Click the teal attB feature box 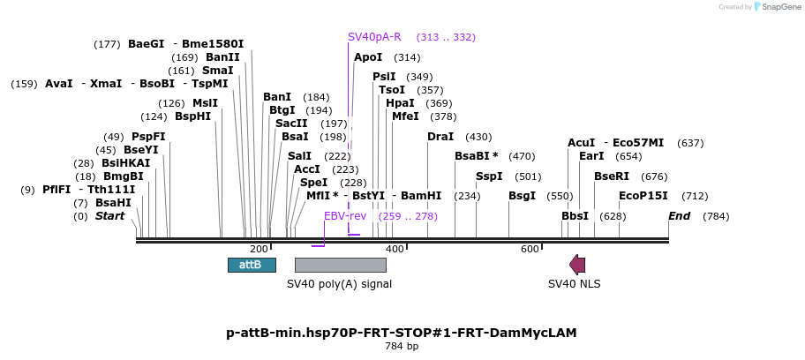252,265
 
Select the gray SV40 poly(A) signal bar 340,265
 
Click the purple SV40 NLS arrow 577,265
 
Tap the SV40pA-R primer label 374,37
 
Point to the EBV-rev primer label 345,216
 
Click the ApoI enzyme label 368,57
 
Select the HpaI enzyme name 400,103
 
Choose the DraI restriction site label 440,137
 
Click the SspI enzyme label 489,176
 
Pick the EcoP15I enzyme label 643,196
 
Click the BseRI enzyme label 612,176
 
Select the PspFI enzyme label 148,137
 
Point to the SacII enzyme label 290,124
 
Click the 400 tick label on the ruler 395,250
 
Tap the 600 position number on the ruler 530,250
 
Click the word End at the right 679,216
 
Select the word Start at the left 110,216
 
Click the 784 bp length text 402,346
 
